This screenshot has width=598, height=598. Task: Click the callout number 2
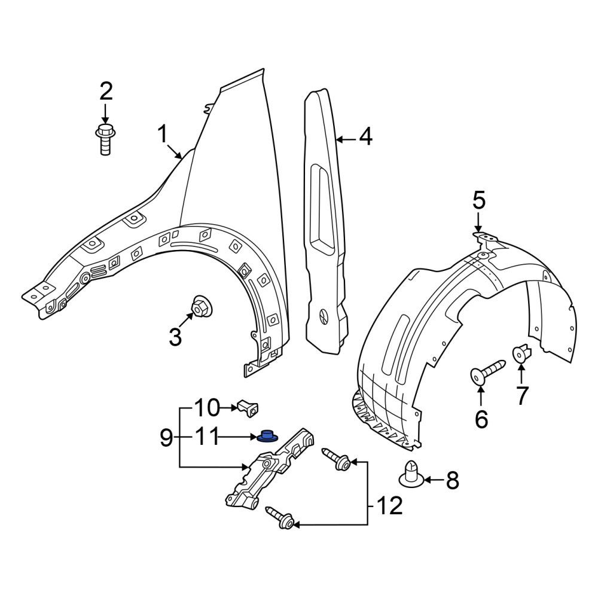[x=106, y=91]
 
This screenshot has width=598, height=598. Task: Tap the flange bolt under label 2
[x=105, y=139]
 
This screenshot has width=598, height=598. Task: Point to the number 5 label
[x=479, y=200]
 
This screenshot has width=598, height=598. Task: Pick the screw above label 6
[x=488, y=371]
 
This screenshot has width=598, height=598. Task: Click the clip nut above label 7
[x=521, y=353]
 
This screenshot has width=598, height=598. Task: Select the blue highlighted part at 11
[x=267, y=437]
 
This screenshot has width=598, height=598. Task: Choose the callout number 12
[x=389, y=506]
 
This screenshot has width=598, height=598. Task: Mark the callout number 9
[x=166, y=437]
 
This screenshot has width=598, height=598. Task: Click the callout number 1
[x=163, y=135]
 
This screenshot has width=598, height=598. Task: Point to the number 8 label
[x=452, y=481]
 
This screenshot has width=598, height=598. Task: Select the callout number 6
[x=481, y=419]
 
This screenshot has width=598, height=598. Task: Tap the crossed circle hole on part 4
[x=323, y=316]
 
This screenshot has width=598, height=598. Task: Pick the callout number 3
[x=175, y=337]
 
